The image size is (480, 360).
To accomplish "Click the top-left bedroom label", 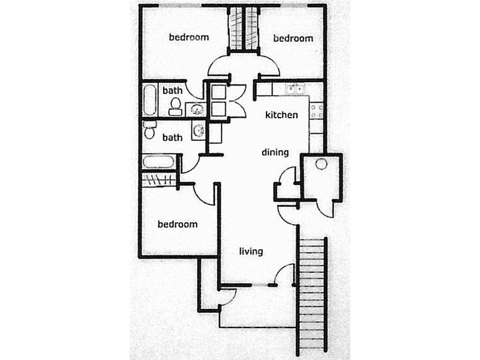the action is pyautogui.click(x=188, y=37).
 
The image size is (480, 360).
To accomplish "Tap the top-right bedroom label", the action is pyautogui.click(x=293, y=38).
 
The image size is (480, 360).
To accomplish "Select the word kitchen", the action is pyautogui.click(x=281, y=115).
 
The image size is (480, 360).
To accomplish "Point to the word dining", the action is pyautogui.click(x=275, y=152).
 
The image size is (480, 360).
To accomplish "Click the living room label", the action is pyautogui.click(x=251, y=251).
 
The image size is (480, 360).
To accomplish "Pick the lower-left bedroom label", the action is pyautogui.click(x=177, y=224).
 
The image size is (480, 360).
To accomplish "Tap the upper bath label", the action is pyautogui.click(x=173, y=91).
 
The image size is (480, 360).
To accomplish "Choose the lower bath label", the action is pyautogui.click(x=172, y=137).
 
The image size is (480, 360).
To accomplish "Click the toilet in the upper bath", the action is pyautogui.click(x=175, y=107).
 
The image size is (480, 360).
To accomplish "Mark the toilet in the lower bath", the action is pyautogui.click(x=151, y=130).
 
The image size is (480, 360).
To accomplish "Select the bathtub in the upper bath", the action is pyautogui.click(x=151, y=101).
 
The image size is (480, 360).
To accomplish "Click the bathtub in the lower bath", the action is pyautogui.click(x=159, y=163).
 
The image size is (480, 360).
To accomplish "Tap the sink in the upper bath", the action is pyautogui.click(x=196, y=109).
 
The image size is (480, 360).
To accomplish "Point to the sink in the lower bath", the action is pyautogui.click(x=199, y=130).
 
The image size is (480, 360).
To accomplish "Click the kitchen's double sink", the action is pyautogui.click(x=294, y=89).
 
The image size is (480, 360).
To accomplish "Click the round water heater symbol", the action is pyautogui.click(x=320, y=163).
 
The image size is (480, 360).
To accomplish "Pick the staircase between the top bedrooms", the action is pyautogui.click(x=244, y=28).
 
